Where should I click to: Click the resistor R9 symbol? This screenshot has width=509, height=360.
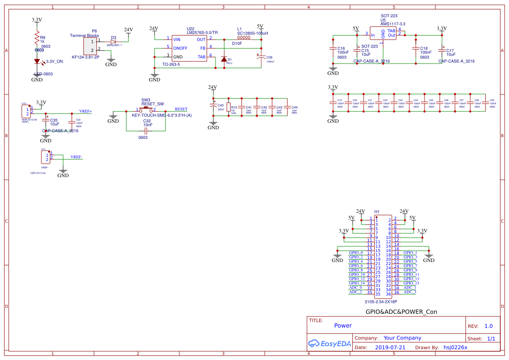pos(37,40)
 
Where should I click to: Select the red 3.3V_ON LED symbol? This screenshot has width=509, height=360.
pos(37,62)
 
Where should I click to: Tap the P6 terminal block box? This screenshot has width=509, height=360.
pos(91,46)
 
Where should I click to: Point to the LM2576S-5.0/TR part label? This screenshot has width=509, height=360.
pos(202,33)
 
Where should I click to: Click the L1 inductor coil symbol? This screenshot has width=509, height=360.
pos(244,38)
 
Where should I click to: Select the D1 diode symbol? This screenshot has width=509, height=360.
pos(224,59)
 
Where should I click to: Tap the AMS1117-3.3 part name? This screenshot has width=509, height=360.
pos(393,24)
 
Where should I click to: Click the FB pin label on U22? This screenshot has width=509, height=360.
pos(202,48)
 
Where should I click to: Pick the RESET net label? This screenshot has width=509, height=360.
pos(181,109)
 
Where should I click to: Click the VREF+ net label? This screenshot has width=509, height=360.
pos(85,111)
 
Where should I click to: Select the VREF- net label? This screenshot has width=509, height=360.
pos(77,157)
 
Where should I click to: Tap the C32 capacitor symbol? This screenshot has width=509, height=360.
pos(147,130)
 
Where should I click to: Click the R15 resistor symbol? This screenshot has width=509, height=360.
pos(228,108)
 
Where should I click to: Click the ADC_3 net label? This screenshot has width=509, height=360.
pos(410,292)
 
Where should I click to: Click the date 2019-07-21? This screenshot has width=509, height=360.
pos(390,347)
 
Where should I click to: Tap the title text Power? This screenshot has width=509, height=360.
pos(343,325)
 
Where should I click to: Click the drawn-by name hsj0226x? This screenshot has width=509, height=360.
pos(455,347)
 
